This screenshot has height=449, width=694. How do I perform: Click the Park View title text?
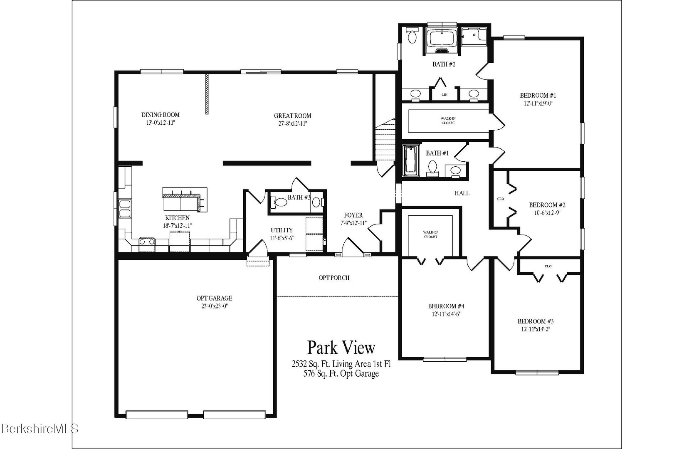click(x=341, y=347)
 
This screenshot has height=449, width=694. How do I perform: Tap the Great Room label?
click(x=292, y=116)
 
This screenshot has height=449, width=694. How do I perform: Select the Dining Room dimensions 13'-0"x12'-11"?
click(x=161, y=123)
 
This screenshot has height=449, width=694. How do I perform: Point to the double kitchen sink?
click(x=124, y=209)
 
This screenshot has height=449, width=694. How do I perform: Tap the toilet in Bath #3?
click(x=280, y=202)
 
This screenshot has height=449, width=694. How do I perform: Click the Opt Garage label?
click(x=214, y=298)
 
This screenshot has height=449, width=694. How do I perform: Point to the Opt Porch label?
click(x=334, y=278)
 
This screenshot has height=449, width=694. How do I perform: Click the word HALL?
click(x=462, y=193)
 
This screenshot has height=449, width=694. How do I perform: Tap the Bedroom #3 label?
click(x=536, y=321)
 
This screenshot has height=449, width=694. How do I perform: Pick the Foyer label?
click(x=353, y=215)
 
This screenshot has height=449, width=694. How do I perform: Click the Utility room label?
click(x=282, y=230)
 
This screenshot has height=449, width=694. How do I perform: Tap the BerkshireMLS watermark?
click(x=40, y=429)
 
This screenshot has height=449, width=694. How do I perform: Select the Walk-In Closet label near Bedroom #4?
click(x=430, y=234)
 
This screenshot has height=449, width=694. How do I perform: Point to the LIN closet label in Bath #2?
click(x=445, y=95)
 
